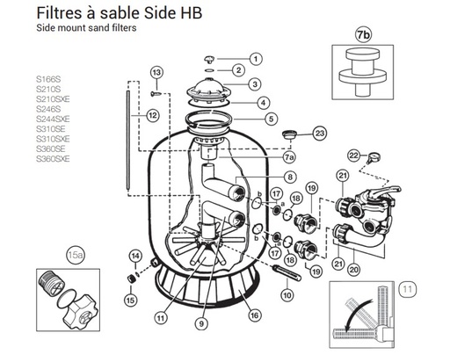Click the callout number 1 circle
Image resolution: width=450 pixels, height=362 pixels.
point(256,58)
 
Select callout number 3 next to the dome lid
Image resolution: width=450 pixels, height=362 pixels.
point(256,84)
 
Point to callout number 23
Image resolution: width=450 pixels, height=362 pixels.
point(319,133)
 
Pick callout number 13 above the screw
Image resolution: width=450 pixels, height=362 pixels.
point(156,71)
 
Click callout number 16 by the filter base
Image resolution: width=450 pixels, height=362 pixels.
point(255,312)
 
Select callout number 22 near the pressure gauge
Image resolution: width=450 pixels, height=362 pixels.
point(355,156)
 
